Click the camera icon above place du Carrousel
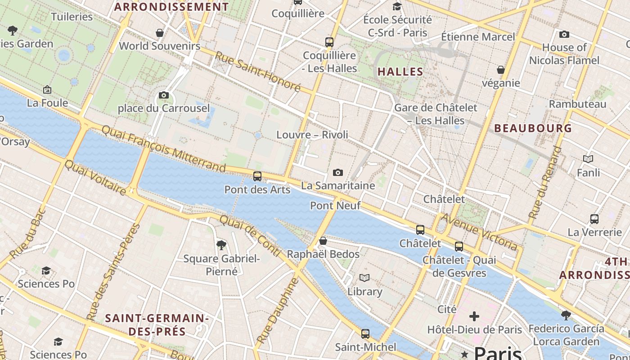coord(164,95)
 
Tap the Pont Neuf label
coord(335,206)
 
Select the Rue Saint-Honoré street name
coord(257,72)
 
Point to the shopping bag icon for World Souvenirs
coord(159,33)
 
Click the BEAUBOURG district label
coord(533,128)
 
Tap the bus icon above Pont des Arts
coord(257,176)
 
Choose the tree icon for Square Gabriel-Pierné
coord(221,245)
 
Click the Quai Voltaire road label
coord(95,178)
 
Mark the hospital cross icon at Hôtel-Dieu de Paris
coord(474,316)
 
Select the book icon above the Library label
coord(364,278)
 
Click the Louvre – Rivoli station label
coord(312,135)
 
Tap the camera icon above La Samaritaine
coord(337,172)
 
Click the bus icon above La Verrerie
coord(594,219)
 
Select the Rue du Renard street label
coord(545,182)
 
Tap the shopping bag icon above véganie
coord(501,70)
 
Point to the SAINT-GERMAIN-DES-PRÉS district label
coord(157,325)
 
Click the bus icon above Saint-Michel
coord(365,334)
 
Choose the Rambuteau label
coord(577,104)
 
